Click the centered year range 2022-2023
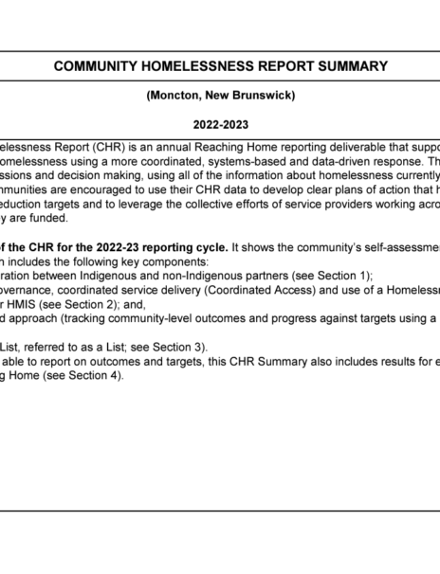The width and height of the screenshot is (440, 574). pyautogui.click(x=220, y=124)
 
